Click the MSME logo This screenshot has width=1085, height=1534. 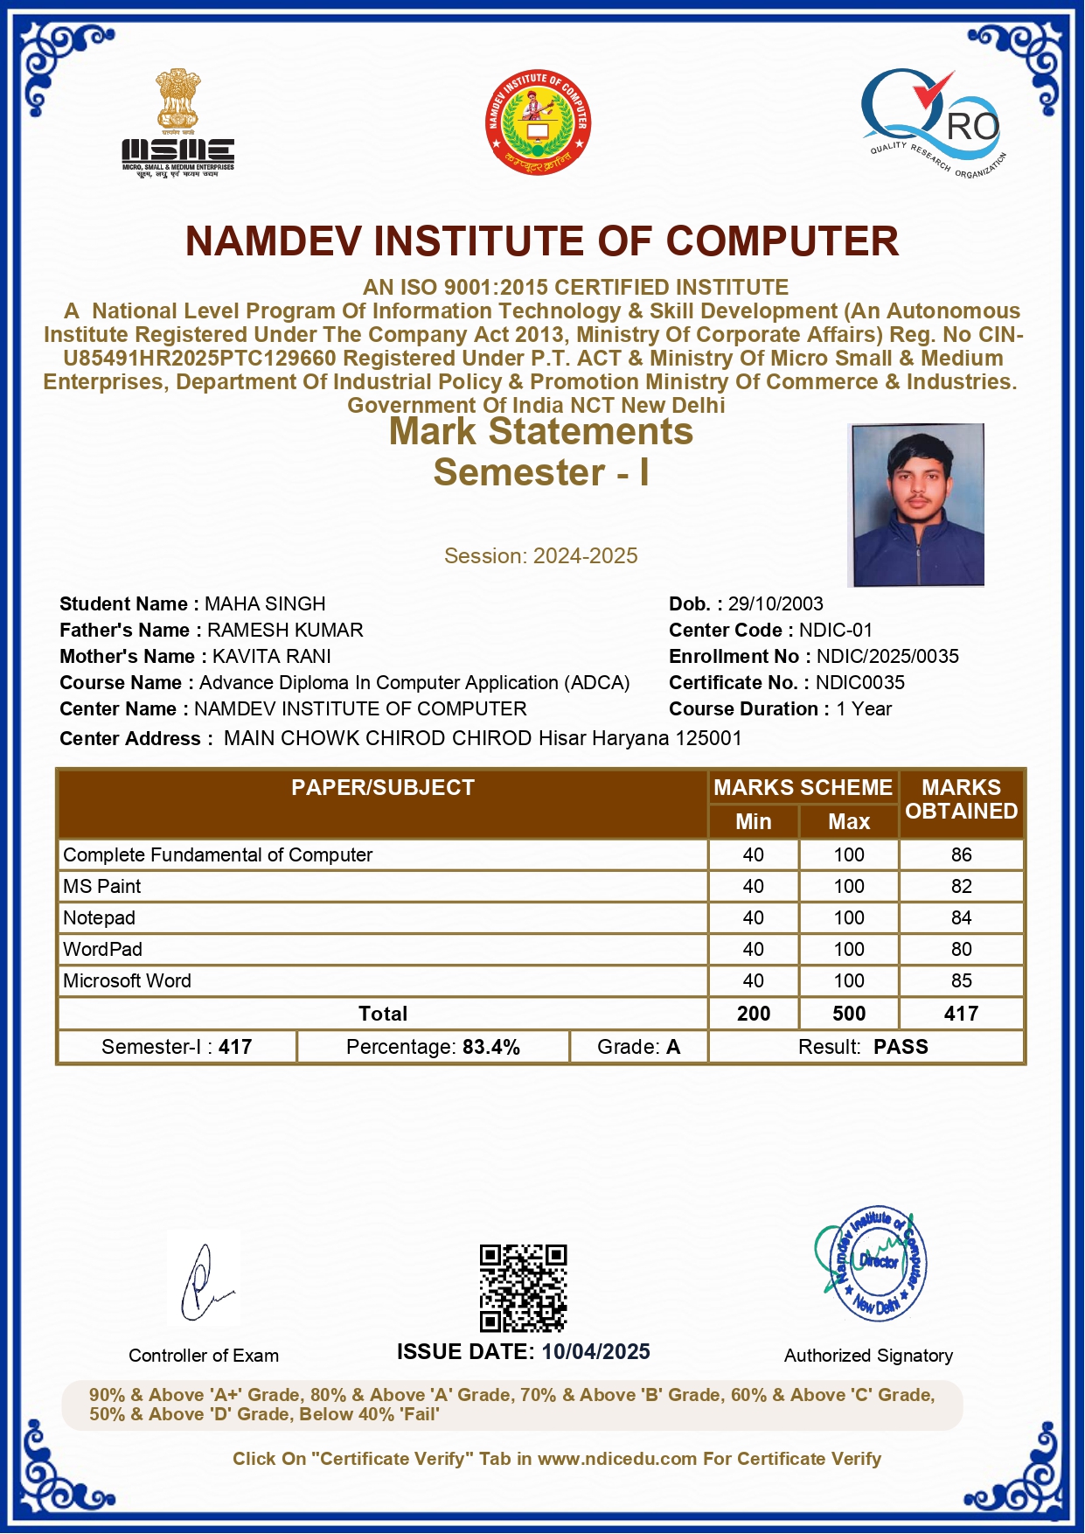click(178, 124)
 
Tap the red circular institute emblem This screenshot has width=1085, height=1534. click(538, 122)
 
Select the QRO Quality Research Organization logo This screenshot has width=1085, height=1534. click(932, 122)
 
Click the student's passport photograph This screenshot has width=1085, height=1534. click(917, 505)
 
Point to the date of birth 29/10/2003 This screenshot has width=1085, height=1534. click(775, 604)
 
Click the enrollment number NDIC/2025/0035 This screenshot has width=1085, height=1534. click(887, 657)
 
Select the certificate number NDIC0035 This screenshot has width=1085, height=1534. click(860, 683)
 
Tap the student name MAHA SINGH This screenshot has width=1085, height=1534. click(265, 604)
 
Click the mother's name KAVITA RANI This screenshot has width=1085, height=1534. click(272, 657)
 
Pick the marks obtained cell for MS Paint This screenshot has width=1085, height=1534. click(961, 887)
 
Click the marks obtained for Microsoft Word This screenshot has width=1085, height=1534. click(961, 981)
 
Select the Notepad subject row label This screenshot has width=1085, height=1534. click(100, 918)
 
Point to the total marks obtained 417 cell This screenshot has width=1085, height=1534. click(961, 1014)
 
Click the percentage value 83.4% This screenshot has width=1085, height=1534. click(491, 1048)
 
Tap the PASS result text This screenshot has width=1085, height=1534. click(901, 1048)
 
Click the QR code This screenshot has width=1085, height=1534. click(523, 1287)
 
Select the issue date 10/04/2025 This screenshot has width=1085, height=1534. click(595, 1352)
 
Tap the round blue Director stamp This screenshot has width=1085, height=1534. click(872, 1265)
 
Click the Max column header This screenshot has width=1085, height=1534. click(849, 822)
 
